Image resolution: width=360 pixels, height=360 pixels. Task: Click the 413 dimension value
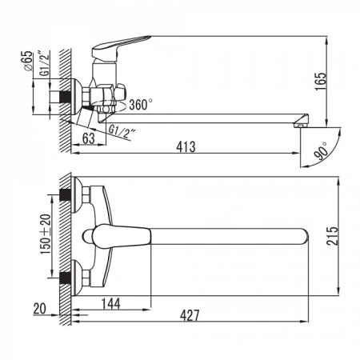[x=186, y=146]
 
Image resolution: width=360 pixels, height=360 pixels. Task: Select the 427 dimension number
[x=190, y=315]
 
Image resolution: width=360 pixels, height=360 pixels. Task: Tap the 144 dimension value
[x=111, y=303]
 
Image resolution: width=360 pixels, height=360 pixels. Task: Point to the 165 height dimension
[x=321, y=82]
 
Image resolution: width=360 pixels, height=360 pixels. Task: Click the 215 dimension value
[x=332, y=236]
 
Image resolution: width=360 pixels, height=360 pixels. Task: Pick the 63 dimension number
[x=89, y=138]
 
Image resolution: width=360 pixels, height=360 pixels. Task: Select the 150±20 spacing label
[x=46, y=234]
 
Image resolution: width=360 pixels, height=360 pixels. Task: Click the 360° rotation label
[x=141, y=105]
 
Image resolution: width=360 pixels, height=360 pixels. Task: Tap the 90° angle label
[x=322, y=151]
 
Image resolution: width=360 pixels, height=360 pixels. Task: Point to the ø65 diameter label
[x=28, y=61]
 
